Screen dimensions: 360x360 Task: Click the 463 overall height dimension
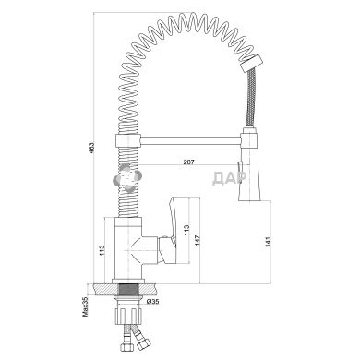pyautogui.click(x=91, y=149)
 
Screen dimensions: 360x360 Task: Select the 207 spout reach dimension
pyautogui.click(x=188, y=162)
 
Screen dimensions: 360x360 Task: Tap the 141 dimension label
pyautogui.click(x=268, y=242)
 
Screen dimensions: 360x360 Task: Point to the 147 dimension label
pyautogui.click(x=198, y=241)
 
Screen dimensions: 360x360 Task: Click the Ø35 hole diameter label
pyautogui.click(x=152, y=302)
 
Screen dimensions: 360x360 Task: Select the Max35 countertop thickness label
pyautogui.click(x=85, y=306)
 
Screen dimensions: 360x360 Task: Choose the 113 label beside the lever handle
pyautogui.click(x=186, y=230)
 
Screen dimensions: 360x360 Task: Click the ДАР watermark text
pyautogui.click(x=230, y=178)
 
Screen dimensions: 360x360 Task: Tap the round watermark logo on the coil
pyautogui.click(x=127, y=177)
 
